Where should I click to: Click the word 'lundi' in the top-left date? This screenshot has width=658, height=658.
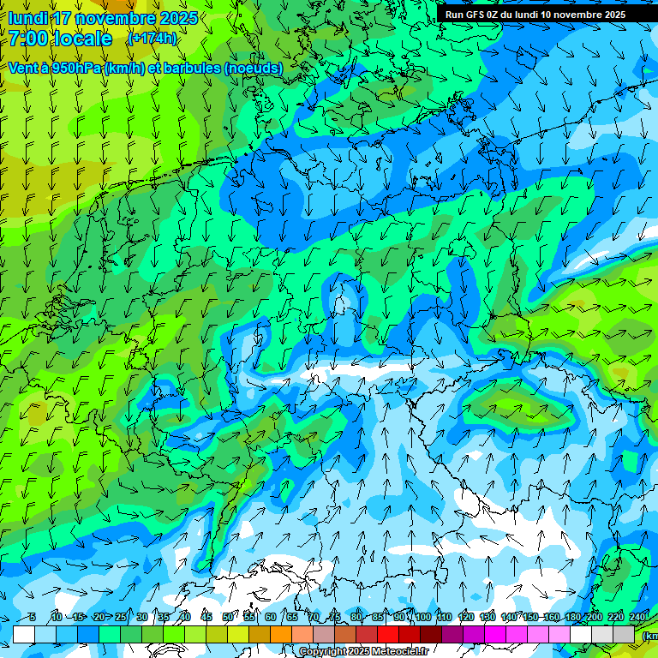tap(28, 18)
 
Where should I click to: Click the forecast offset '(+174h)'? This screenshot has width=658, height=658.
tap(152, 39)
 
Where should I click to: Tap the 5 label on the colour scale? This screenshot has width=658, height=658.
tap(32, 617)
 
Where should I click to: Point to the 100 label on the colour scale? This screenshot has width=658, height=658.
tap(422, 617)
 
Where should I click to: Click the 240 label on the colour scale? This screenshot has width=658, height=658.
tap(638, 617)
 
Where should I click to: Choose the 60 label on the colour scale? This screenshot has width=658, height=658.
tap(270, 617)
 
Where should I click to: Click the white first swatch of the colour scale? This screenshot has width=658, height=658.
tap(24, 634)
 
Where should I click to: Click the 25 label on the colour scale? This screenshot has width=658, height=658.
tap(120, 617)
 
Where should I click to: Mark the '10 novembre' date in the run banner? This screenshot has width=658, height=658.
tap(568, 15)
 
